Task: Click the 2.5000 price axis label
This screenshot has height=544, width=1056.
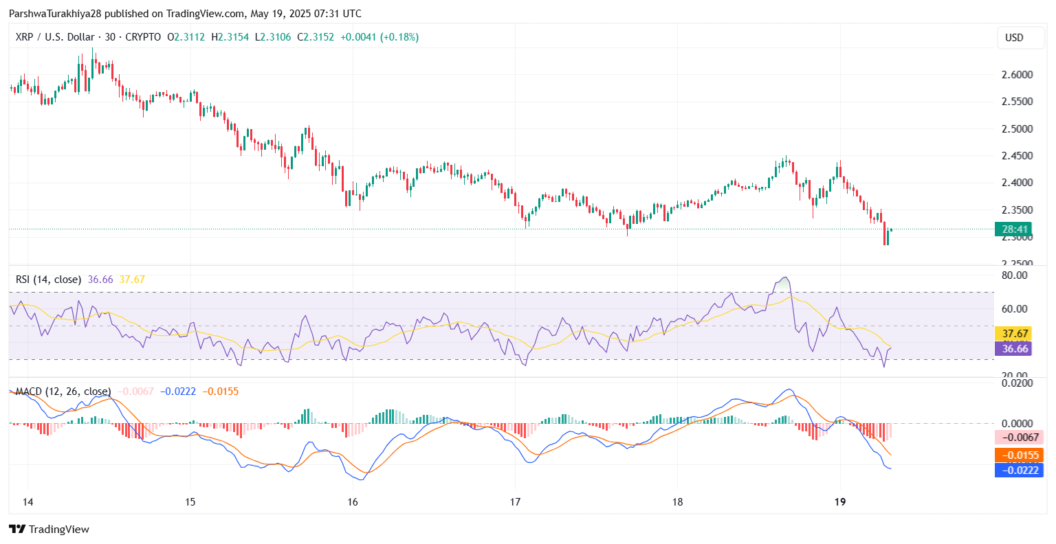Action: tap(1016, 128)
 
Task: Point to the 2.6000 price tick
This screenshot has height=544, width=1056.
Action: tap(1016, 74)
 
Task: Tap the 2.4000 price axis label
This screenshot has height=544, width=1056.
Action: tap(1016, 183)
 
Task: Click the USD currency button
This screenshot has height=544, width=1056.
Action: tap(1014, 38)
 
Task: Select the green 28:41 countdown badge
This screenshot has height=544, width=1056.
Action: tap(1014, 229)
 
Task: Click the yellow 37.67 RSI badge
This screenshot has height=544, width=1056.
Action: tap(1015, 334)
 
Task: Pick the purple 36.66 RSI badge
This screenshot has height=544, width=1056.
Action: tap(1015, 349)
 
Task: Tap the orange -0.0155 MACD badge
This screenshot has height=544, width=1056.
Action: tap(1019, 455)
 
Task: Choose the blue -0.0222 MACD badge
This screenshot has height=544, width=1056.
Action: tap(1019, 470)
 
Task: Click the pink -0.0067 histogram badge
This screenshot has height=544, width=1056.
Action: tap(1019, 438)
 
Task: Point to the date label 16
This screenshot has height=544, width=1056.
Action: tap(353, 502)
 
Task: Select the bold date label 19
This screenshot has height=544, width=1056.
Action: tap(839, 502)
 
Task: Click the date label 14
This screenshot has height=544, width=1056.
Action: tap(28, 502)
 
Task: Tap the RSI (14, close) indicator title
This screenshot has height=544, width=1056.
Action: tap(48, 280)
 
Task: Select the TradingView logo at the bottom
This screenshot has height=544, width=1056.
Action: tap(49, 529)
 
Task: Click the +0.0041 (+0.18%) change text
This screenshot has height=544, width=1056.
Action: tap(379, 37)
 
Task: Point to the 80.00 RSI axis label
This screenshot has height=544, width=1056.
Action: tap(1015, 275)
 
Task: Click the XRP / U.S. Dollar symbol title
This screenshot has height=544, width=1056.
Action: tap(54, 37)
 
